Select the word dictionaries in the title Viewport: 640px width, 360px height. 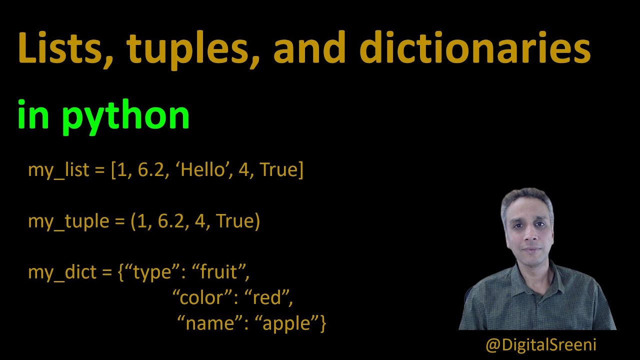[x=474, y=48]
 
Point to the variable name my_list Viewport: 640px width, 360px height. [x=59, y=170]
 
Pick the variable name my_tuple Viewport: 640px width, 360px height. [x=68, y=221]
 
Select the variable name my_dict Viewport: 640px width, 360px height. [x=62, y=272]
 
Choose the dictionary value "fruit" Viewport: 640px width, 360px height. [x=223, y=272]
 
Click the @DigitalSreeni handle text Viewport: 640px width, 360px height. [x=540, y=344]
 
